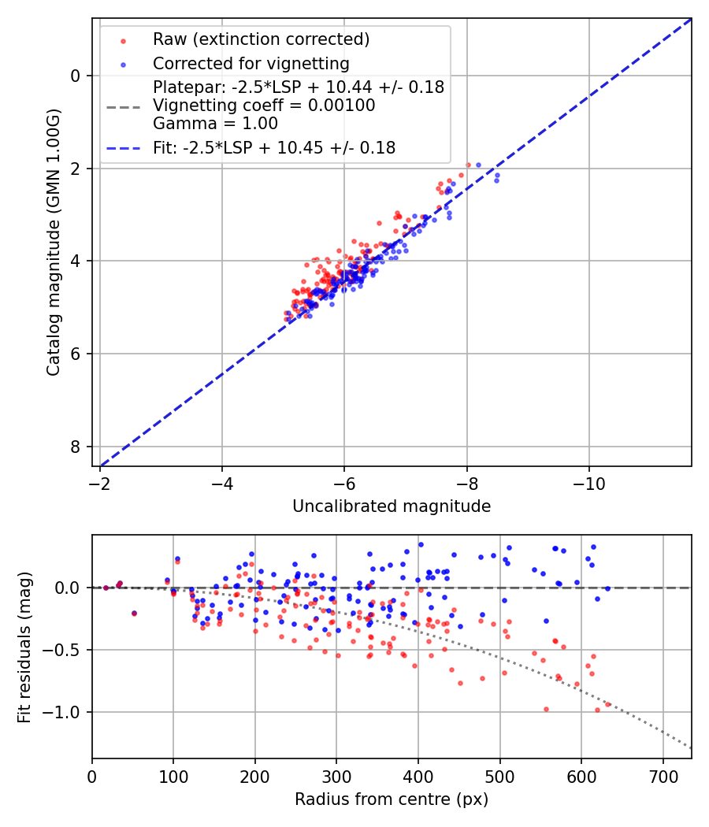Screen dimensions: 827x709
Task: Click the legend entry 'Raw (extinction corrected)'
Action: coord(262,39)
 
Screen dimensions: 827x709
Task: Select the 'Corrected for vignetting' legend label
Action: coord(251,63)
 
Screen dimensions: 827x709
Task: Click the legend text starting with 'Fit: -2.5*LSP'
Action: coord(274,147)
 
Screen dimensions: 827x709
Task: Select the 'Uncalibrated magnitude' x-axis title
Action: coord(392,506)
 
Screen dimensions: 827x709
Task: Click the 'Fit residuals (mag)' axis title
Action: coord(24,647)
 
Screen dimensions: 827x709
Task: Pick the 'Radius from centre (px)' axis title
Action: coord(392,799)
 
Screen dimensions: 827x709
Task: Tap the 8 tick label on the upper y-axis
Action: coord(76,447)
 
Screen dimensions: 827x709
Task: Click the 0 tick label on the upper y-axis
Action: coord(76,76)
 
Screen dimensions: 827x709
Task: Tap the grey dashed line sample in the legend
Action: coord(124,105)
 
